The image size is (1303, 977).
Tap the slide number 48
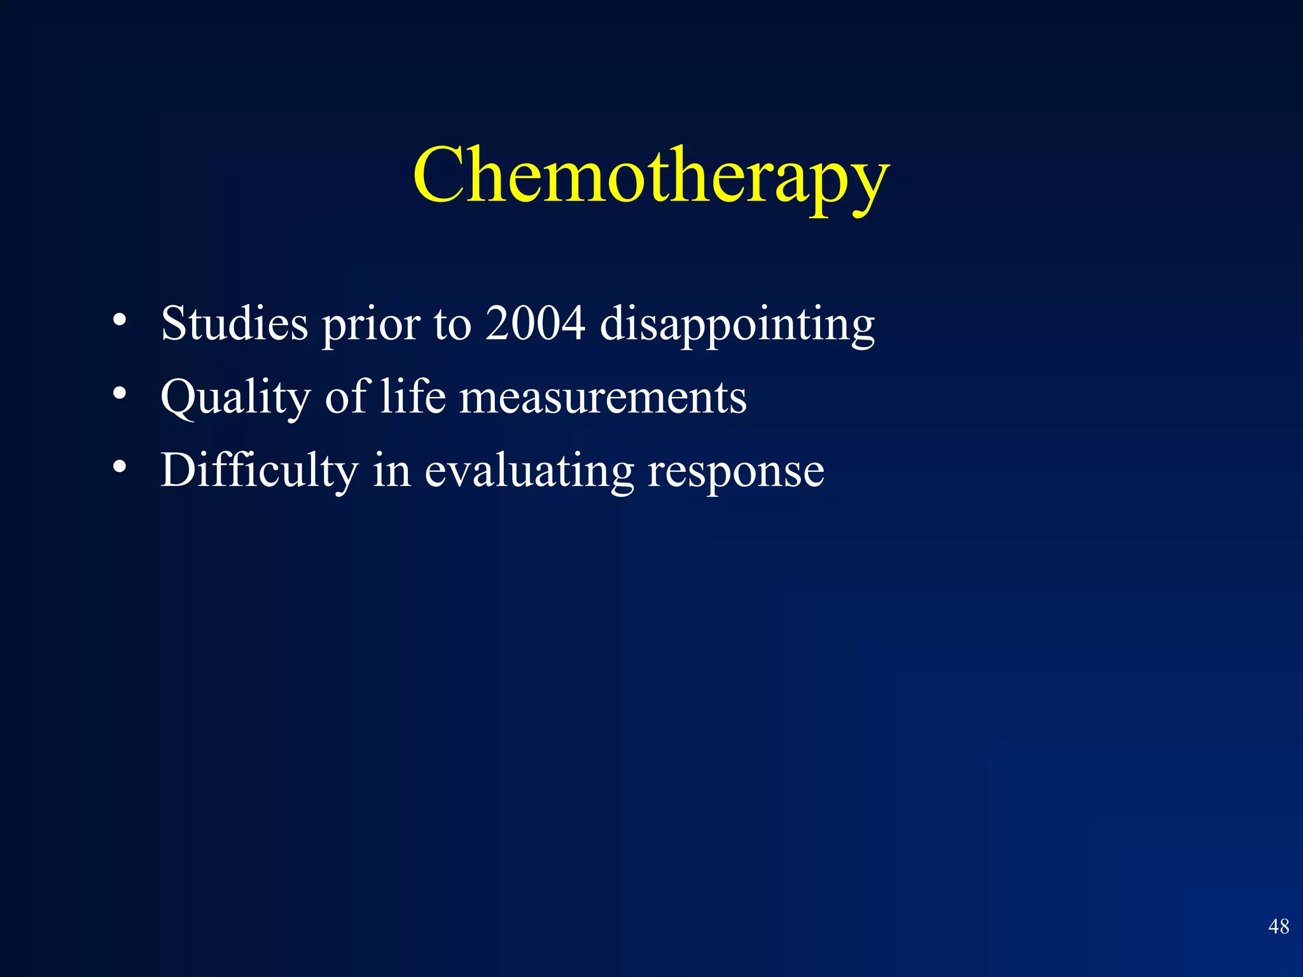coord(1278,926)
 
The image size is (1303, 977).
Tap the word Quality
coord(235,398)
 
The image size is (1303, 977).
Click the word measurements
coord(603,398)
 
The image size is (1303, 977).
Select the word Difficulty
coord(259,471)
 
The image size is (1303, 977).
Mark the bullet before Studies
coord(119,320)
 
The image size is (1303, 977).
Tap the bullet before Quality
coord(119,394)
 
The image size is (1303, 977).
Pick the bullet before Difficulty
coord(119,467)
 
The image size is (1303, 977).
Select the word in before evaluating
coord(391,471)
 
